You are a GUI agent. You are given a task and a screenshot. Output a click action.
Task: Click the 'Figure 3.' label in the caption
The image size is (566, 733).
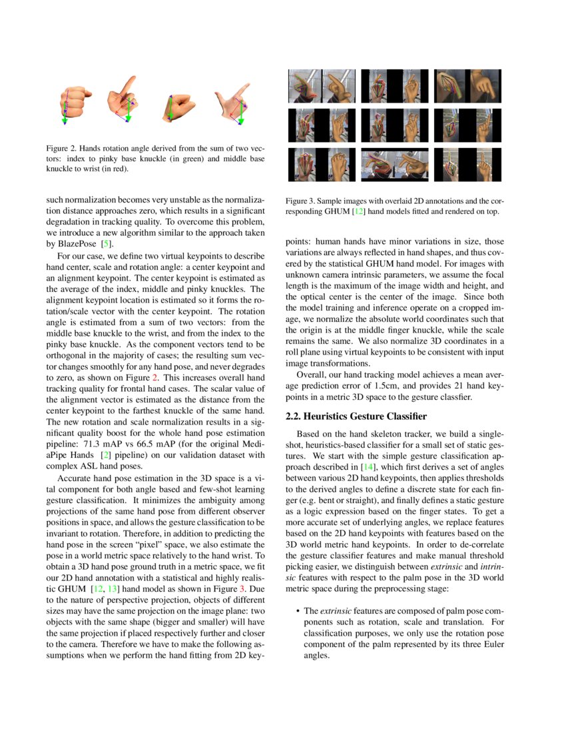click(x=300, y=201)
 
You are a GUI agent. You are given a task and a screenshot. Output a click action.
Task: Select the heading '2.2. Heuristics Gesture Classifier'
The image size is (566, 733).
click(x=356, y=416)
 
